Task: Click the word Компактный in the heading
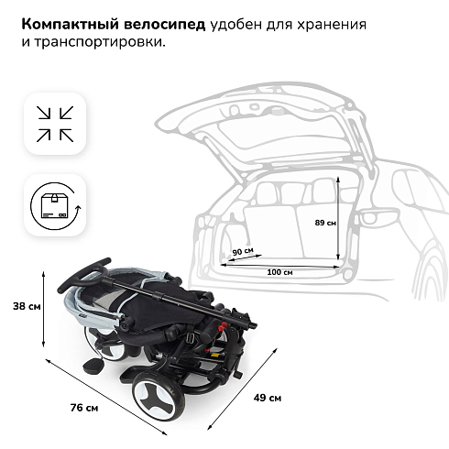(x=71, y=25)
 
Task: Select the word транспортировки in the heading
(x=100, y=42)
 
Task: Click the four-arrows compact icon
(x=55, y=124)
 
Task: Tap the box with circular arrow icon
(x=56, y=206)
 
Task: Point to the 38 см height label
(x=27, y=306)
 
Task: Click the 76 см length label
(x=84, y=408)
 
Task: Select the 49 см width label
(x=268, y=398)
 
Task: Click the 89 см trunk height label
(x=325, y=223)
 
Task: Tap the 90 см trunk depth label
(x=243, y=251)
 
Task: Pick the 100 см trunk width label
(x=279, y=272)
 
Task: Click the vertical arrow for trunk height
(x=338, y=218)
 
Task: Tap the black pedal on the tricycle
(x=92, y=365)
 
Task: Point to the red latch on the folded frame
(x=222, y=326)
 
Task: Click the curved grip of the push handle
(x=83, y=274)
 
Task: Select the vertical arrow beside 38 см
(x=44, y=309)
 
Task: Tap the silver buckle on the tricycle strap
(x=192, y=337)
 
